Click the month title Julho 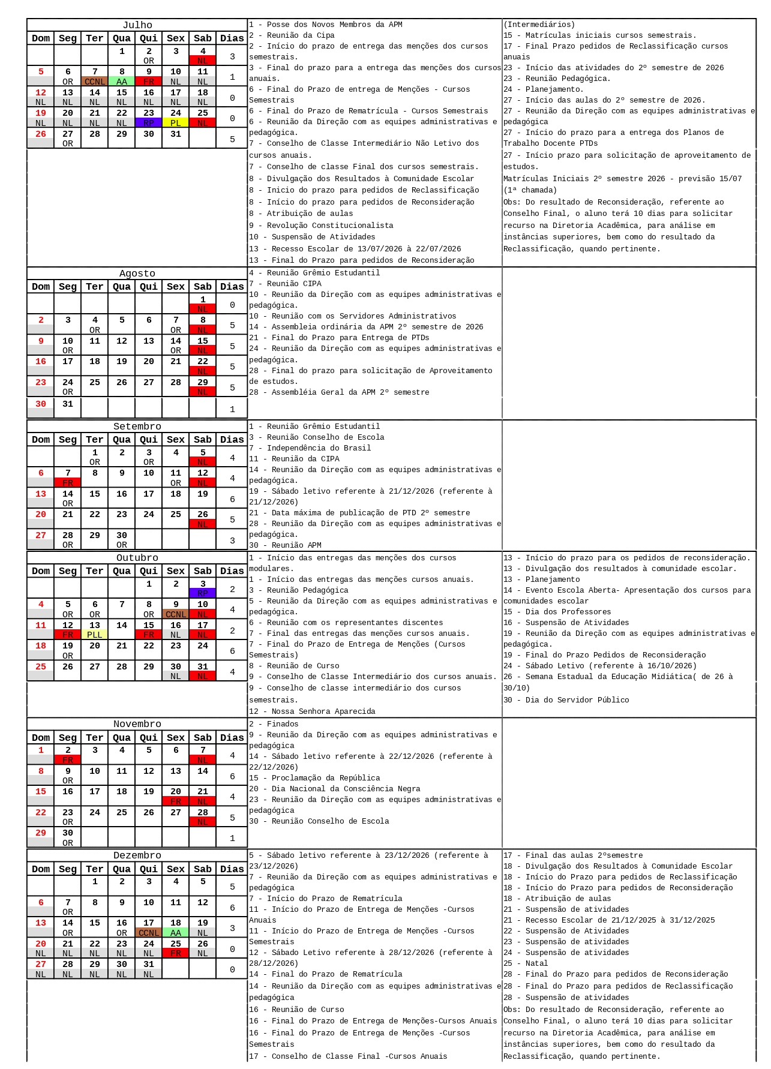(137, 25)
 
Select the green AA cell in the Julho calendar (122, 82)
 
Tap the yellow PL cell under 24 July (175, 123)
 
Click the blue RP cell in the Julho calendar (149, 123)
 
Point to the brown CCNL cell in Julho (95, 82)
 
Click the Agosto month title (137, 274)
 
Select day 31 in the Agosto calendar (68, 404)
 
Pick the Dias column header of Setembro (232, 440)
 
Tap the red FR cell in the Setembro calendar (68, 483)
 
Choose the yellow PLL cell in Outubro (95, 635)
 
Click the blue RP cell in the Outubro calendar (203, 593)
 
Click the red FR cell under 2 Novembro (68, 760)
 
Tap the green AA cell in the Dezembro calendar (175, 933)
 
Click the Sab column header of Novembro (203, 738)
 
